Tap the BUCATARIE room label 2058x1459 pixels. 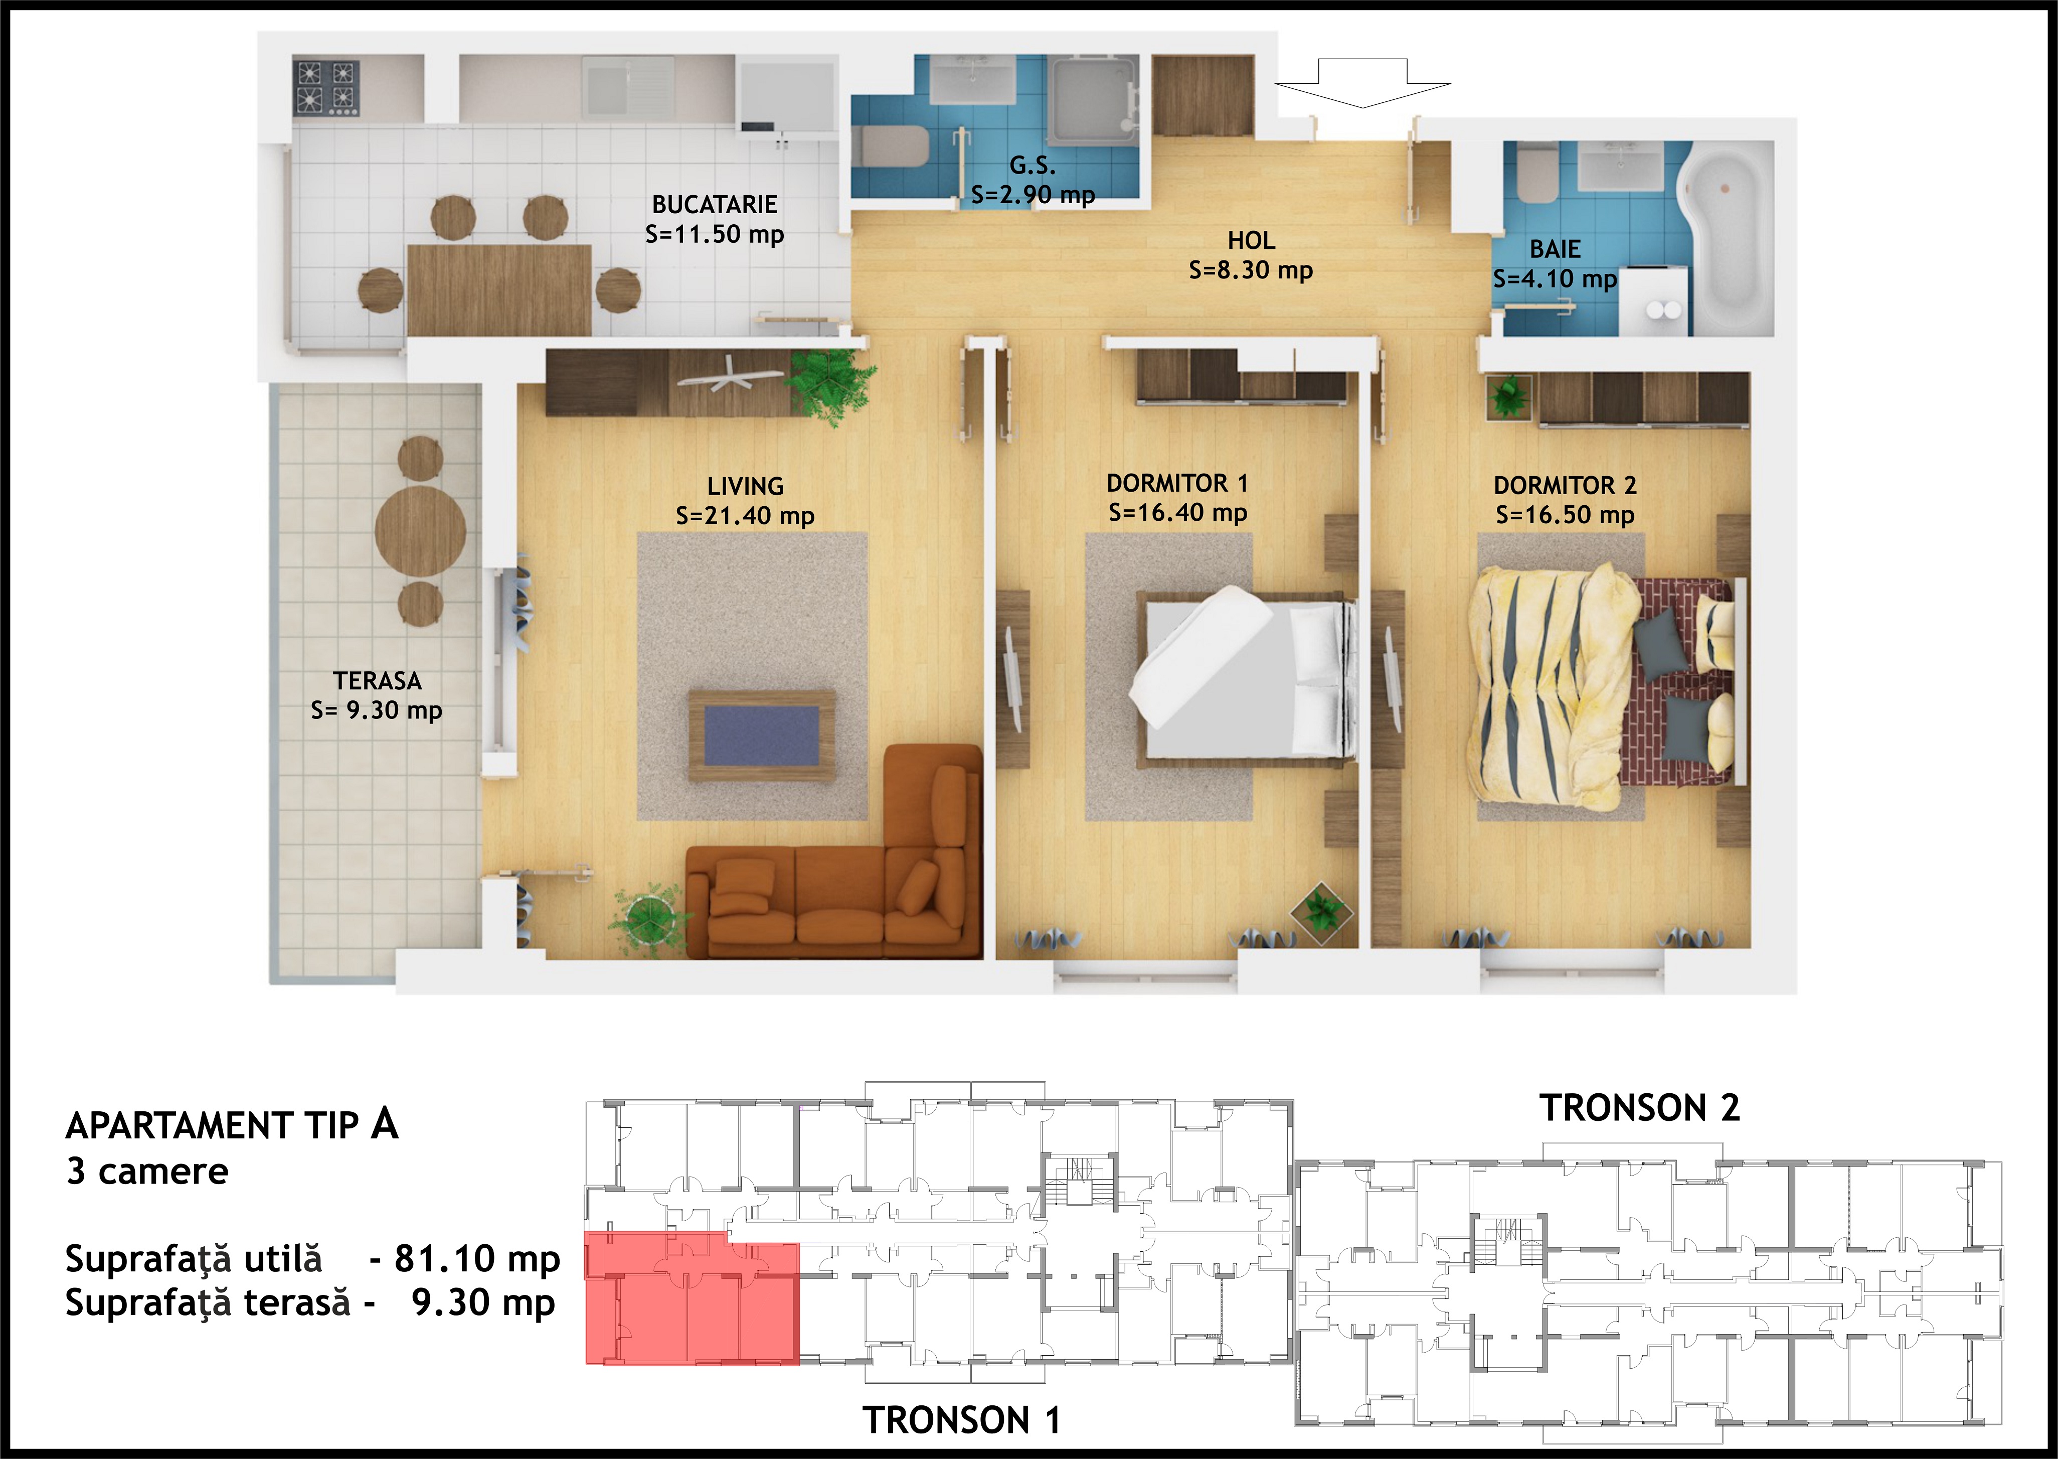(x=715, y=205)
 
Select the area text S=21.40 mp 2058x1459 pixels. (x=745, y=516)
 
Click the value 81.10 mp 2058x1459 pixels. (x=478, y=1259)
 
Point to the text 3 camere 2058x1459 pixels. (x=147, y=1172)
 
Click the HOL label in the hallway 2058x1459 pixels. (x=1251, y=241)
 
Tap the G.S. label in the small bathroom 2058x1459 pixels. (x=1033, y=165)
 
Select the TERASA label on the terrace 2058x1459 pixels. (x=377, y=681)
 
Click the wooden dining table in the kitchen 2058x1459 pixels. (x=499, y=289)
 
